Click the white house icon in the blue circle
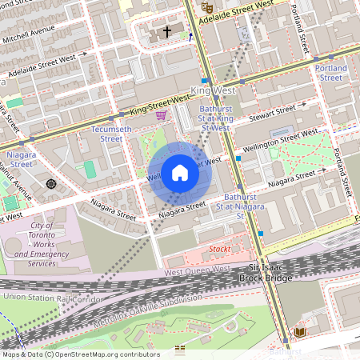(180, 173)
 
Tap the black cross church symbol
(167, 32)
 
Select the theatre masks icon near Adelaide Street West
(206, 6)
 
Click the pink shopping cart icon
(161, 115)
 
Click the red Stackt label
(219, 250)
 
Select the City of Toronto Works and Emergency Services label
(42, 245)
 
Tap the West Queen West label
(196, 271)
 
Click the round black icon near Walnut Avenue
(52, 184)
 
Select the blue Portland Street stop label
(331, 73)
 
